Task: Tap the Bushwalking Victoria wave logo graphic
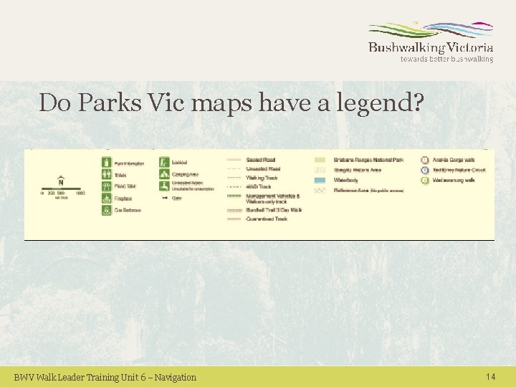[431, 31]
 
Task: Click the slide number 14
[490, 376]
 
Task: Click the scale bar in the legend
[62, 191]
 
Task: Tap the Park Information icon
[107, 162]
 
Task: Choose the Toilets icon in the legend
[107, 174]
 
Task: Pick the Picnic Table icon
[107, 186]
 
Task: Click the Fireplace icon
[107, 198]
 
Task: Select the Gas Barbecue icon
[107, 210]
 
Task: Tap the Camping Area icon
[164, 173]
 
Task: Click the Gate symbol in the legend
[164, 197]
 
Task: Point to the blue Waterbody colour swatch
[320, 181]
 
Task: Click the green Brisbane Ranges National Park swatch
[320, 159]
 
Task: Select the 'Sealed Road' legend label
[261, 159]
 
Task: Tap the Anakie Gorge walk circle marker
[425, 160]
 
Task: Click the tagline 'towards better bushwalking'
[446, 59]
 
